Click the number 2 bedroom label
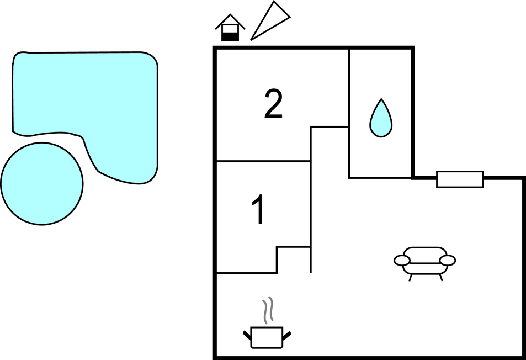tap(273, 104)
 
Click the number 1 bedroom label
tap(259, 209)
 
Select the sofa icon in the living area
tap(424, 263)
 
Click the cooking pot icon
tap(267, 337)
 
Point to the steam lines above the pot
tap(267, 310)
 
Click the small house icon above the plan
tap(230, 28)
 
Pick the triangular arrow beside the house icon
tap(270, 21)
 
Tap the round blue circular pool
tap(42, 183)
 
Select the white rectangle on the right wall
tap(460, 179)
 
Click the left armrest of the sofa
tap(402, 260)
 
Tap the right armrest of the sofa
tap(448, 260)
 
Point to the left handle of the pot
tap(247, 335)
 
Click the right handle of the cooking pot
tap(287, 335)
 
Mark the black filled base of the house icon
tap(230, 37)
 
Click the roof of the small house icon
tap(230, 22)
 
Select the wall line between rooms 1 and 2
tap(263, 161)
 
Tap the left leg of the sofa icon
tap(410, 278)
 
